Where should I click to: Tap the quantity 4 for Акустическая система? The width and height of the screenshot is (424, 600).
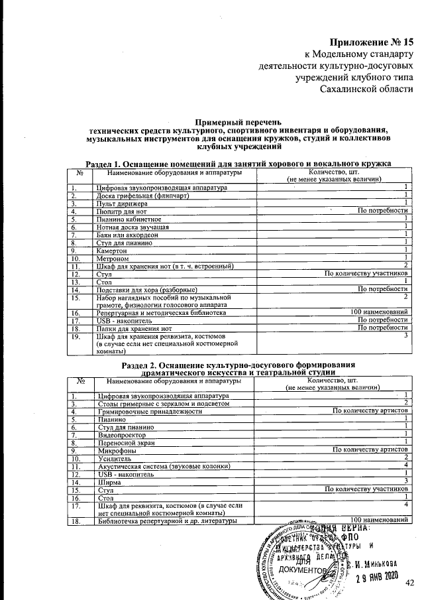[405, 465]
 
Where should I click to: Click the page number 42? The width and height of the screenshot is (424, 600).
[409, 582]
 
